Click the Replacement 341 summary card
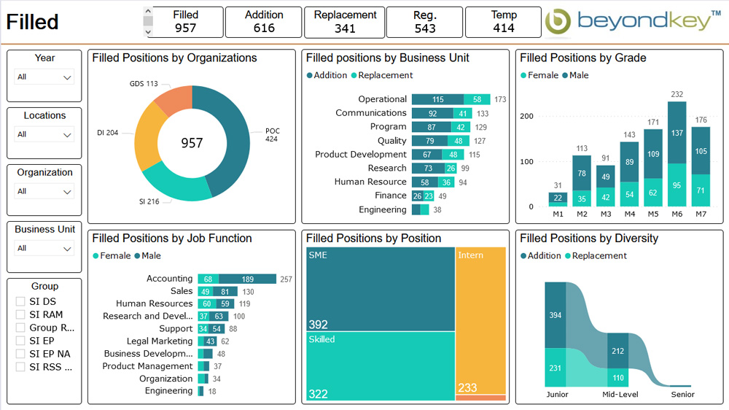tap(345, 22)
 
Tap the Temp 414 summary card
tap(503, 22)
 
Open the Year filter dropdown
tap(44, 77)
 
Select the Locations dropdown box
tap(44, 134)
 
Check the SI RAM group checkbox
tap(20, 314)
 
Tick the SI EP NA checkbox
tap(20, 354)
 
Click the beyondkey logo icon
tap(558, 22)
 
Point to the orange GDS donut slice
tap(173, 101)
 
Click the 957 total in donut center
tap(192, 143)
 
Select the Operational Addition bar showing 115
tap(437, 99)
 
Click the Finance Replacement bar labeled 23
tap(429, 196)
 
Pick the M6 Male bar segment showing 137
tap(677, 132)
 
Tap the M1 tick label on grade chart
tap(558, 214)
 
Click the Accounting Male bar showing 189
tap(248, 279)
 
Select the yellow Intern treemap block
tap(480, 321)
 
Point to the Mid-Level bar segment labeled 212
tap(617, 351)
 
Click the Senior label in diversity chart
tap(683, 395)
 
